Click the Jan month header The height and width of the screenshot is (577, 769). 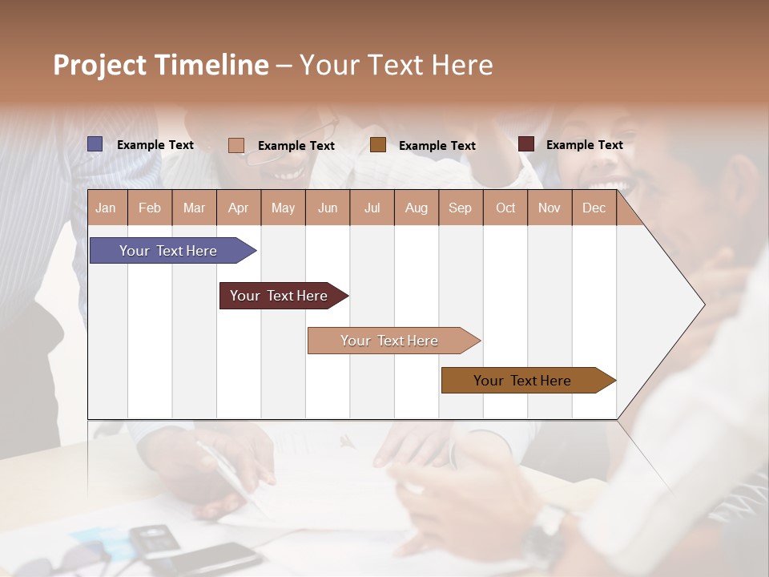click(x=107, y=208)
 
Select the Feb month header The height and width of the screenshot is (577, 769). click(x=150, y=208)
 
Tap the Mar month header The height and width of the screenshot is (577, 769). click(x=194, y=208)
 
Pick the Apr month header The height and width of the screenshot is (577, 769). click(x=239, y=208)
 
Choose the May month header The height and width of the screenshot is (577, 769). click(x=283, y=208)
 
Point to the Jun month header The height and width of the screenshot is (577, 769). click(x=328, y=208)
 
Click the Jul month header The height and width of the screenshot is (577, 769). click(x=372, y=208)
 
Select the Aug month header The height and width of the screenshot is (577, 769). click(x=417, y=208)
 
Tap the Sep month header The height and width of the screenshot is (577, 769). click(x=461, y=208)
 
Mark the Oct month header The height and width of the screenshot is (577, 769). click(x=505, y=208)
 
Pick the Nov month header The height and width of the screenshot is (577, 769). click(x=550, y=208)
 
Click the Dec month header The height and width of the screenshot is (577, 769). click(x=594, y=208)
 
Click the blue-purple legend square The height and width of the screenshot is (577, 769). click(x=95, y=144)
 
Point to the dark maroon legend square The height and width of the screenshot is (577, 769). click(x=526, y=144)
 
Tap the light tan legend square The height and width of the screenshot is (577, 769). click(x=236, y=145)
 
